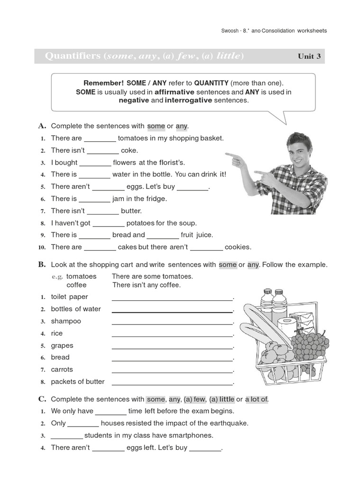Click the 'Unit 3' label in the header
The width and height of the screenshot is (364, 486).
pyautogui.click(x=309, y=56)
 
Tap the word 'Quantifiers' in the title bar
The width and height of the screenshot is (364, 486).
pyautogui.click(x=73, y=56)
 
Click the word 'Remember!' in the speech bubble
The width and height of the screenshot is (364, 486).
pyautogui.click(x=101, y=83)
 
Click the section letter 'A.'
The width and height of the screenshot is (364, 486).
pyautogui.click(x=42, y=126)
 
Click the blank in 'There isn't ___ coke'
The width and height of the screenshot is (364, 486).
pyautogui.click(x=103, y=151)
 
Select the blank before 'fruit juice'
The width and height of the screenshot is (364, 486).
pyautogui.click(x=163, y=235)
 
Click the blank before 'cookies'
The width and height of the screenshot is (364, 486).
pyautogui.click(x=206, y=247)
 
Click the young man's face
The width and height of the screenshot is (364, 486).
pyautogui.click(x=299, y=150)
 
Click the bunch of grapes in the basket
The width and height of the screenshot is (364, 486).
pyautogui.click(x=308, y=344)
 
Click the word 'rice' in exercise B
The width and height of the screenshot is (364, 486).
pyautogui.click(x=57, y=333)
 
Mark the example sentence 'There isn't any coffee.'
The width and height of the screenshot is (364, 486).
pyautogui.click(x=146, y=285)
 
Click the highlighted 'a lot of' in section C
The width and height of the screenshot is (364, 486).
pyautogui.click(x=256, y=400)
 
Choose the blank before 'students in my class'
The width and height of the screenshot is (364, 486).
pyautogui.click(x=66, y=436)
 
